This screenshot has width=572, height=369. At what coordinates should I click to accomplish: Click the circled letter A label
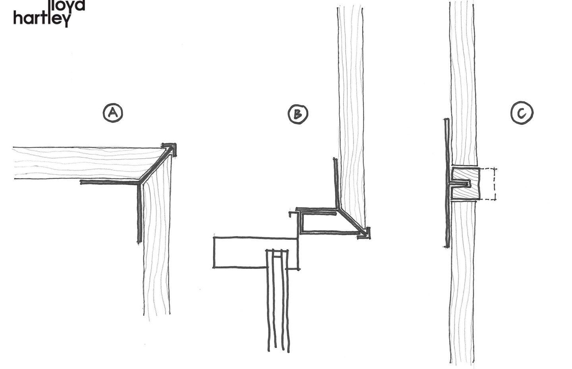113,113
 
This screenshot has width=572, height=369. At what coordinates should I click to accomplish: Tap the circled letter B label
298,114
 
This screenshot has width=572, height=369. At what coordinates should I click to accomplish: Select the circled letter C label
522,114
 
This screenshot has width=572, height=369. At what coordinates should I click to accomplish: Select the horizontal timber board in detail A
79,163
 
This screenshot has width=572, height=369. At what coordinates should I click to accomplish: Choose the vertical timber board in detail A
157,247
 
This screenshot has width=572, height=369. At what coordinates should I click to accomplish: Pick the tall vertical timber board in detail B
350,99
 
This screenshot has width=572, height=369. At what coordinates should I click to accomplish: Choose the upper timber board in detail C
463,80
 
